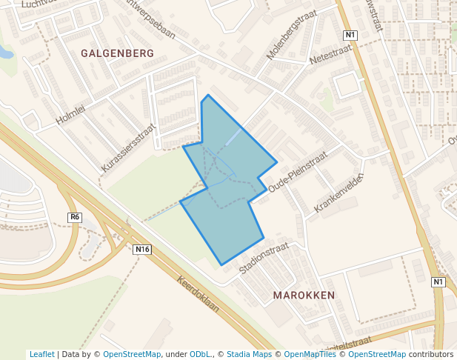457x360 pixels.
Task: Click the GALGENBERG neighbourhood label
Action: (117, 53)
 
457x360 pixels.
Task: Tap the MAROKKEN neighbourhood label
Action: (304, 295)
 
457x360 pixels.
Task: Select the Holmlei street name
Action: (71, 114)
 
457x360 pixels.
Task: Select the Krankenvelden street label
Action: (338, 193)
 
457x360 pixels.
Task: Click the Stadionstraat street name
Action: (263, 257)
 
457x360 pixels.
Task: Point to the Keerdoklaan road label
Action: (199, 293)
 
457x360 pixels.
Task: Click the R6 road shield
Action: (74, 217)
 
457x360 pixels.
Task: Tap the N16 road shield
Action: (143, 250)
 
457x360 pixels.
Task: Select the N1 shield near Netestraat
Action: (350, 35)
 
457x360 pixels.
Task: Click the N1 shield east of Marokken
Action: (438, 282)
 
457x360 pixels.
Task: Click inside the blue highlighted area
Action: (230, 193)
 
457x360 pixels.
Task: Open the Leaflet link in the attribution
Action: (41, 354)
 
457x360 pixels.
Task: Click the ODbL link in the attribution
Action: (200, 354)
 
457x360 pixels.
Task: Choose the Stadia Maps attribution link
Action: (249, 354)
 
